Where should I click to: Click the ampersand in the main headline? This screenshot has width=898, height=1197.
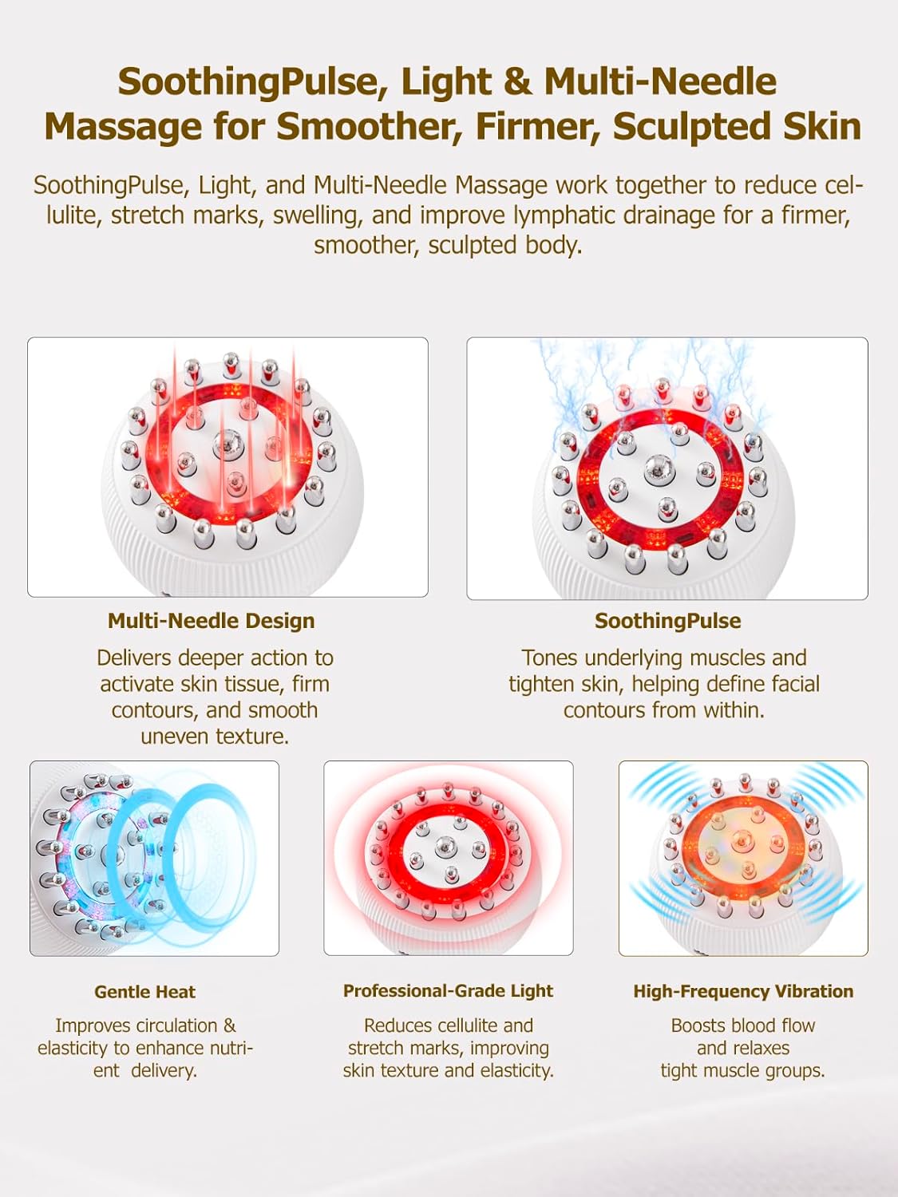pos(517,82)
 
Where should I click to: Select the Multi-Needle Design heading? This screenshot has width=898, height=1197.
pos(212,621)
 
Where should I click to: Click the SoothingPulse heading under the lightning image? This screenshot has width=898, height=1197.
pos(667,621)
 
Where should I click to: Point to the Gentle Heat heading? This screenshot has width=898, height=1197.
pos(144,992)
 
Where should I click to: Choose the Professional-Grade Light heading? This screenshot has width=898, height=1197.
pos(448,991)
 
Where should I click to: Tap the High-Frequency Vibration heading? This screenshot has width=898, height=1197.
pos(743,991)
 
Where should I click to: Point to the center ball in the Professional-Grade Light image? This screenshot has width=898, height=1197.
pos(448,845)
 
